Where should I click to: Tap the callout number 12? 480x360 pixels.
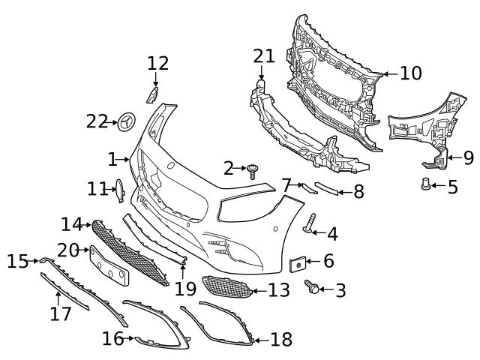(x=157, y=63)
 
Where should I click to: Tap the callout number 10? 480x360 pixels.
(x=410, y=73)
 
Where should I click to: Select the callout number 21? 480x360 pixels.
(x=264, y=56)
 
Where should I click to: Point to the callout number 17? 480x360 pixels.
(x=60, y=313)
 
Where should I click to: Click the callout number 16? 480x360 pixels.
(x=112, y=339)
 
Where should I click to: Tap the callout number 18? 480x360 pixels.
(x=280, y=340)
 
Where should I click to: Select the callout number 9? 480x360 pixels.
(x=468, y=157)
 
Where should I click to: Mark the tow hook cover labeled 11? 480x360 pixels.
(x=118, y=190)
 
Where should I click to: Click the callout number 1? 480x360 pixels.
(x=112, y=159)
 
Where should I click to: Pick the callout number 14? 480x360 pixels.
(x=71, y=223)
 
